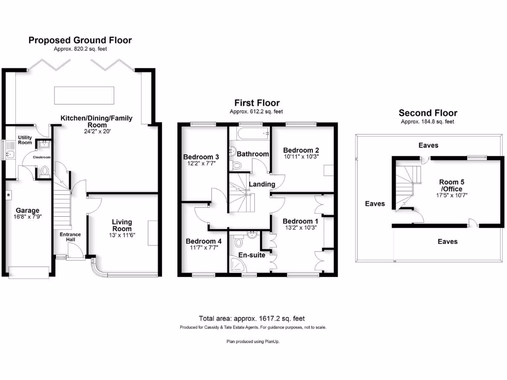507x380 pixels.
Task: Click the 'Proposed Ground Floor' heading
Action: [x=80, y=40]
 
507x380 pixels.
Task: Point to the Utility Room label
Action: [x=25, y=140]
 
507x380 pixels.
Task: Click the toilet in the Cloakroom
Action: [x=44, y=172]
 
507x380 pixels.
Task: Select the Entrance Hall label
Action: [x=70, y=237]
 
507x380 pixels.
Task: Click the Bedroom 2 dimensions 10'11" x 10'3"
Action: [x=301, y=156]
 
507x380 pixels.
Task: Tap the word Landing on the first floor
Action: [x=262, y=184]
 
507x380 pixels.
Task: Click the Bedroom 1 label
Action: [x=300, y=221]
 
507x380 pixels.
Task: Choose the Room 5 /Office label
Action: [x=451, y=186]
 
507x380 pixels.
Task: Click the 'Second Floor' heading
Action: [x=428, y=113]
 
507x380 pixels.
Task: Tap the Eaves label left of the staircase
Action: [x=374, y=203]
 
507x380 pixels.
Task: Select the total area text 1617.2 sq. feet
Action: [x=255, y=319]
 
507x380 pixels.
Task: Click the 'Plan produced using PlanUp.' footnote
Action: [x=253, y=341]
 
